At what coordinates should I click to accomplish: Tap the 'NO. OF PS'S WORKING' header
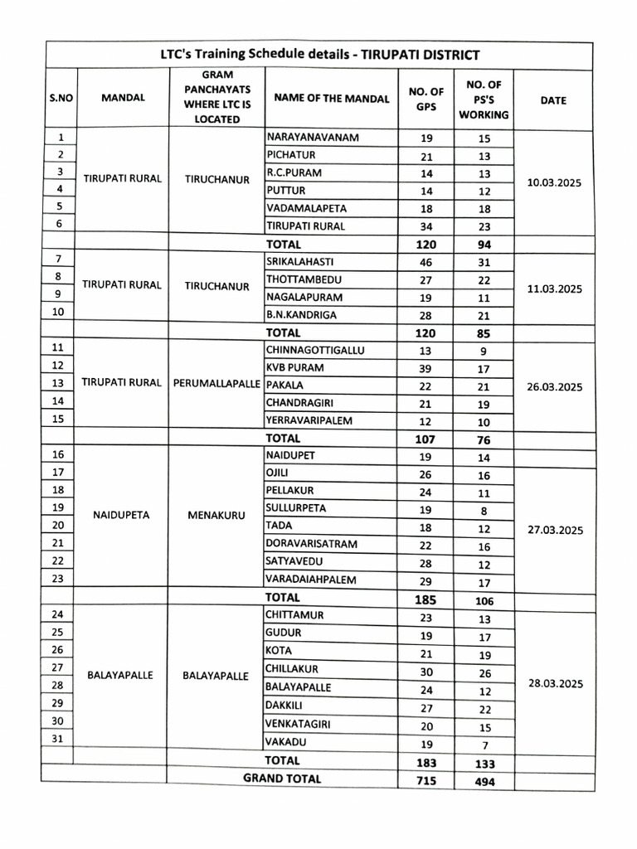(x=484, y=99)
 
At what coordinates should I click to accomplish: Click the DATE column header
(x=552, y=99)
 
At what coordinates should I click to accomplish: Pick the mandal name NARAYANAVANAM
(x=312, y=138)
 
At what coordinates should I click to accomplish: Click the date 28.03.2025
(x=555, y=684)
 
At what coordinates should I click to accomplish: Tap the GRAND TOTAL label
(x=282, y=779)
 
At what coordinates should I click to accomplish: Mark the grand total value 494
(x=484, y=782)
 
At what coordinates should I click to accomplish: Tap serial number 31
(x=58, y=739)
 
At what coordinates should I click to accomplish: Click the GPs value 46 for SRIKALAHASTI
(x=425, y=262)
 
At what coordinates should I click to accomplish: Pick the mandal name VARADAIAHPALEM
(x=310, y=580)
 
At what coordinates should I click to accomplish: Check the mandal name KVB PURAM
(x=294, y=367)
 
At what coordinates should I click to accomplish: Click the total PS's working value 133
(x=484, y=764)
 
